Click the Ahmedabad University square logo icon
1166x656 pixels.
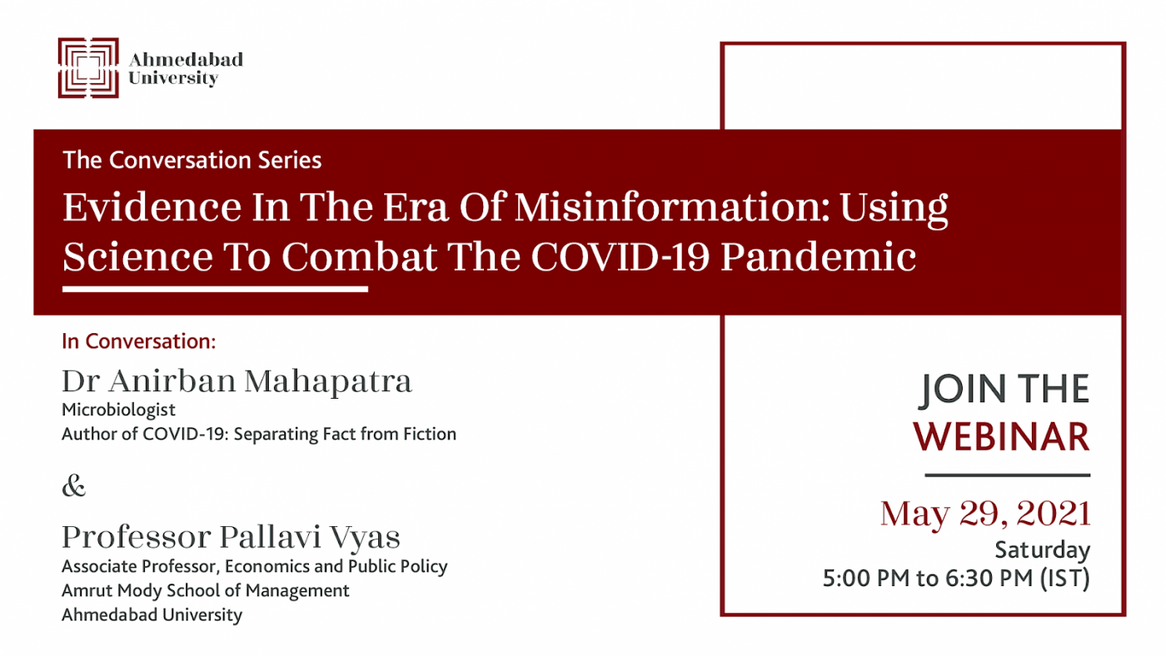click(88, 67)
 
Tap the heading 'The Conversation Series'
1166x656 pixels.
click(192, 160)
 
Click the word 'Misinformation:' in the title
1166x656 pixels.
click(672, 207)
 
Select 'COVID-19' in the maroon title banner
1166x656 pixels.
click(620, 256)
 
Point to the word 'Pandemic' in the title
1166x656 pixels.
click(818, 256)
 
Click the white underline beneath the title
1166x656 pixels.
click(215, 289)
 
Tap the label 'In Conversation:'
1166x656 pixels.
click(138, 341)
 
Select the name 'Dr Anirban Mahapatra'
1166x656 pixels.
click(237, 381)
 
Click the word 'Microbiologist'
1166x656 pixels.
click(118, 410)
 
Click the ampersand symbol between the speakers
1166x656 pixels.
click(73, 486)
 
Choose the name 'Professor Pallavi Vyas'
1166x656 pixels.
click(231, 537)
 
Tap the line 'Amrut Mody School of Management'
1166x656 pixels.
click(205, 590)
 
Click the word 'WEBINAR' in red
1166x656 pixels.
click(1001, 436)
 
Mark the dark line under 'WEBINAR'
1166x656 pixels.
click(1007, 475)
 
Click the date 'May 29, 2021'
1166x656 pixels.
click(985, 514)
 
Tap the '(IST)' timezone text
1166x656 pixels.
click(1065, 579)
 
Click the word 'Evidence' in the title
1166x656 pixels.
click(152, 207)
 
